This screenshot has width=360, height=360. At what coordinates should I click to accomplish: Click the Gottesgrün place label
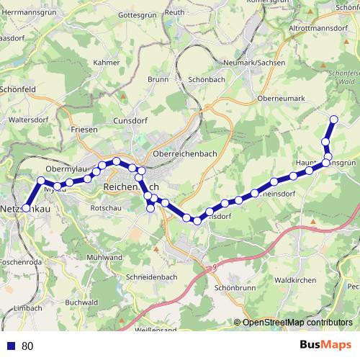click(136, 14)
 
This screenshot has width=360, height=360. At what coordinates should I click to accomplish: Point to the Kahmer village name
click(107, 62)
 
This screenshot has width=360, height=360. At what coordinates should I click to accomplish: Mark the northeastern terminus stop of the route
click(333, 119)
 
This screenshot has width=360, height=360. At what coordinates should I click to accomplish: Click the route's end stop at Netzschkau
click(26, 207)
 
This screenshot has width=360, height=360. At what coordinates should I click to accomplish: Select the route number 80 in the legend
click(28, 346)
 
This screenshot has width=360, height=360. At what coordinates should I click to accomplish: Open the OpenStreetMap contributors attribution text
click(297, 323)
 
